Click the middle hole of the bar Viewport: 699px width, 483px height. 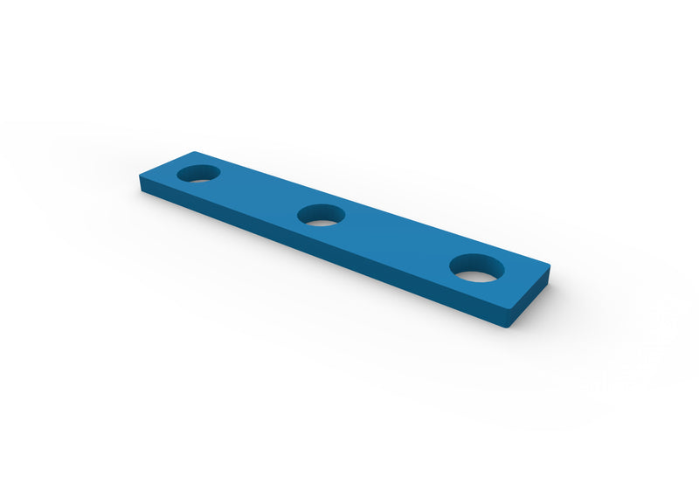pyautogui.click(x=322, y=215)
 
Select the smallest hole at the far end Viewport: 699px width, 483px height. pyautogui.click(x=199, y=172)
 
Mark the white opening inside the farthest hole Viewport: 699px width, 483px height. pyautogui.click(x=199, y=176)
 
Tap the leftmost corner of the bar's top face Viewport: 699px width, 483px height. pyautogui.click(x=138, y=177)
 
